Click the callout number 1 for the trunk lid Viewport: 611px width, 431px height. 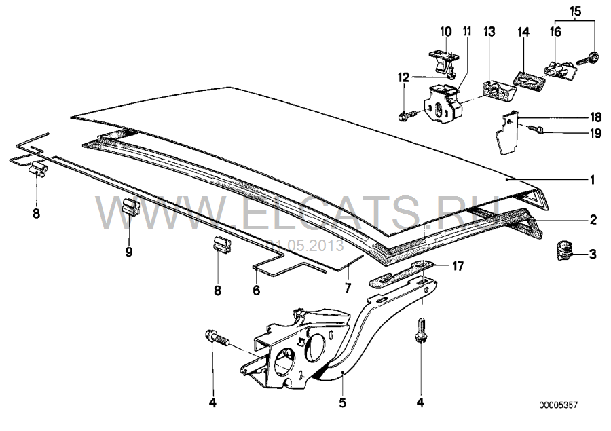(x=592, y=180)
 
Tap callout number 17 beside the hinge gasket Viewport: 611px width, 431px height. (x=458, y=266)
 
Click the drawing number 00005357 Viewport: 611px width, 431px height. (x=559, y=405)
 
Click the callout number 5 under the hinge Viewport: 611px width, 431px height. (x=342, y=402)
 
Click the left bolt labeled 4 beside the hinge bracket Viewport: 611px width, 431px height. (x=217, y=337)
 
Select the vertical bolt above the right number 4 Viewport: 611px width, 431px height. (x=421, y=331)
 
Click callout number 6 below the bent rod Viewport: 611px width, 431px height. (x=256, y=291)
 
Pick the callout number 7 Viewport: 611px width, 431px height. (x=348, y=288)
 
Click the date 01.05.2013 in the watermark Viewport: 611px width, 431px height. (x=305, y=246)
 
